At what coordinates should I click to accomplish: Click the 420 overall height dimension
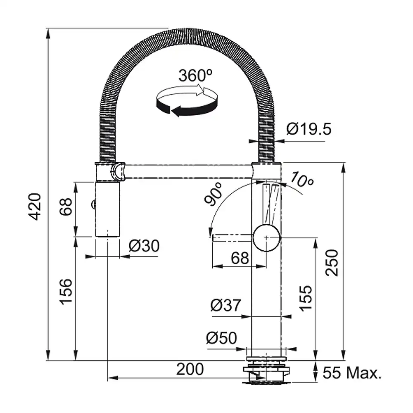click(35, 206)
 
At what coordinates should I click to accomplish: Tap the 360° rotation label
click(195, 76)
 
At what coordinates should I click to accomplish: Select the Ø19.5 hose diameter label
click(309, 129)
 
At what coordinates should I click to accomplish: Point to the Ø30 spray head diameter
click(144, 246)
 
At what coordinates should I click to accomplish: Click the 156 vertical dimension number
click(66, 292)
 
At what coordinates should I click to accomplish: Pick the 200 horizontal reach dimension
click(190, 369)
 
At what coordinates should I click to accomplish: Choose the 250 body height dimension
click(331, 263)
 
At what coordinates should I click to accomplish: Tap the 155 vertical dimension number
click(306, 298)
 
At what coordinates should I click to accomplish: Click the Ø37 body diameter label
click(226, 305)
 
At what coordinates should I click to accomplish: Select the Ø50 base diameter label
click(221, 338)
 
